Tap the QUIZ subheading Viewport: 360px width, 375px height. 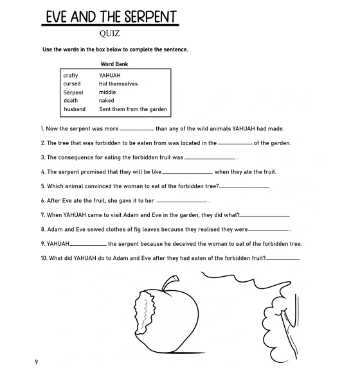[112, 35]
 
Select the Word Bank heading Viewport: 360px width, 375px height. [114, 64]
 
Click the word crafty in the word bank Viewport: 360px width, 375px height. [71, 76]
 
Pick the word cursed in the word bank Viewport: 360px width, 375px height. [72, 84]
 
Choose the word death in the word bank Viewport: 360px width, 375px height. [71, 101]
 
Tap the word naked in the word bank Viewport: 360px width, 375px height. [106, 101]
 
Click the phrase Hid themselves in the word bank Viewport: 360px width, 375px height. [118, 84]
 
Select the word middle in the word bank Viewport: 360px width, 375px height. [107, 92]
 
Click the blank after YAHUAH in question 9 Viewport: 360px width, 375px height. [88, 245]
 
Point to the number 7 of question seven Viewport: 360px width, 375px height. [42, 215]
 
